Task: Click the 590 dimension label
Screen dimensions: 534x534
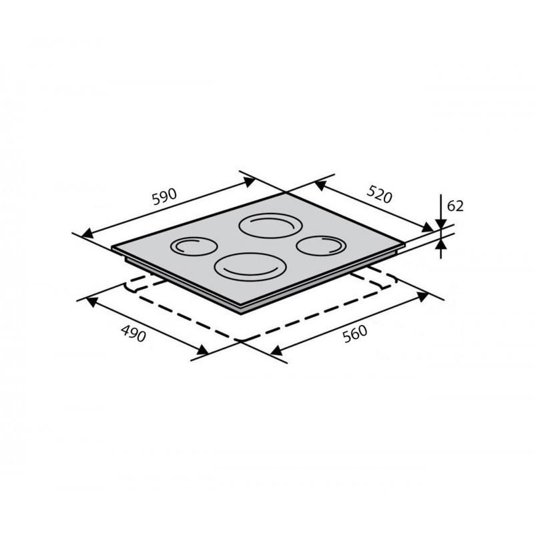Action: pos(164,197)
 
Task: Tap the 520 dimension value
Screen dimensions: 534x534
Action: pos(380,194)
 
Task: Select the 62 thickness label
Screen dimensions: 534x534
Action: pos(455,206)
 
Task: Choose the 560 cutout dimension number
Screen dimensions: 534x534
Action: pos(355,334)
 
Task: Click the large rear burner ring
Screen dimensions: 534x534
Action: pos(271,214)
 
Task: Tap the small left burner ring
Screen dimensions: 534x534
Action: pos(194,238)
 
